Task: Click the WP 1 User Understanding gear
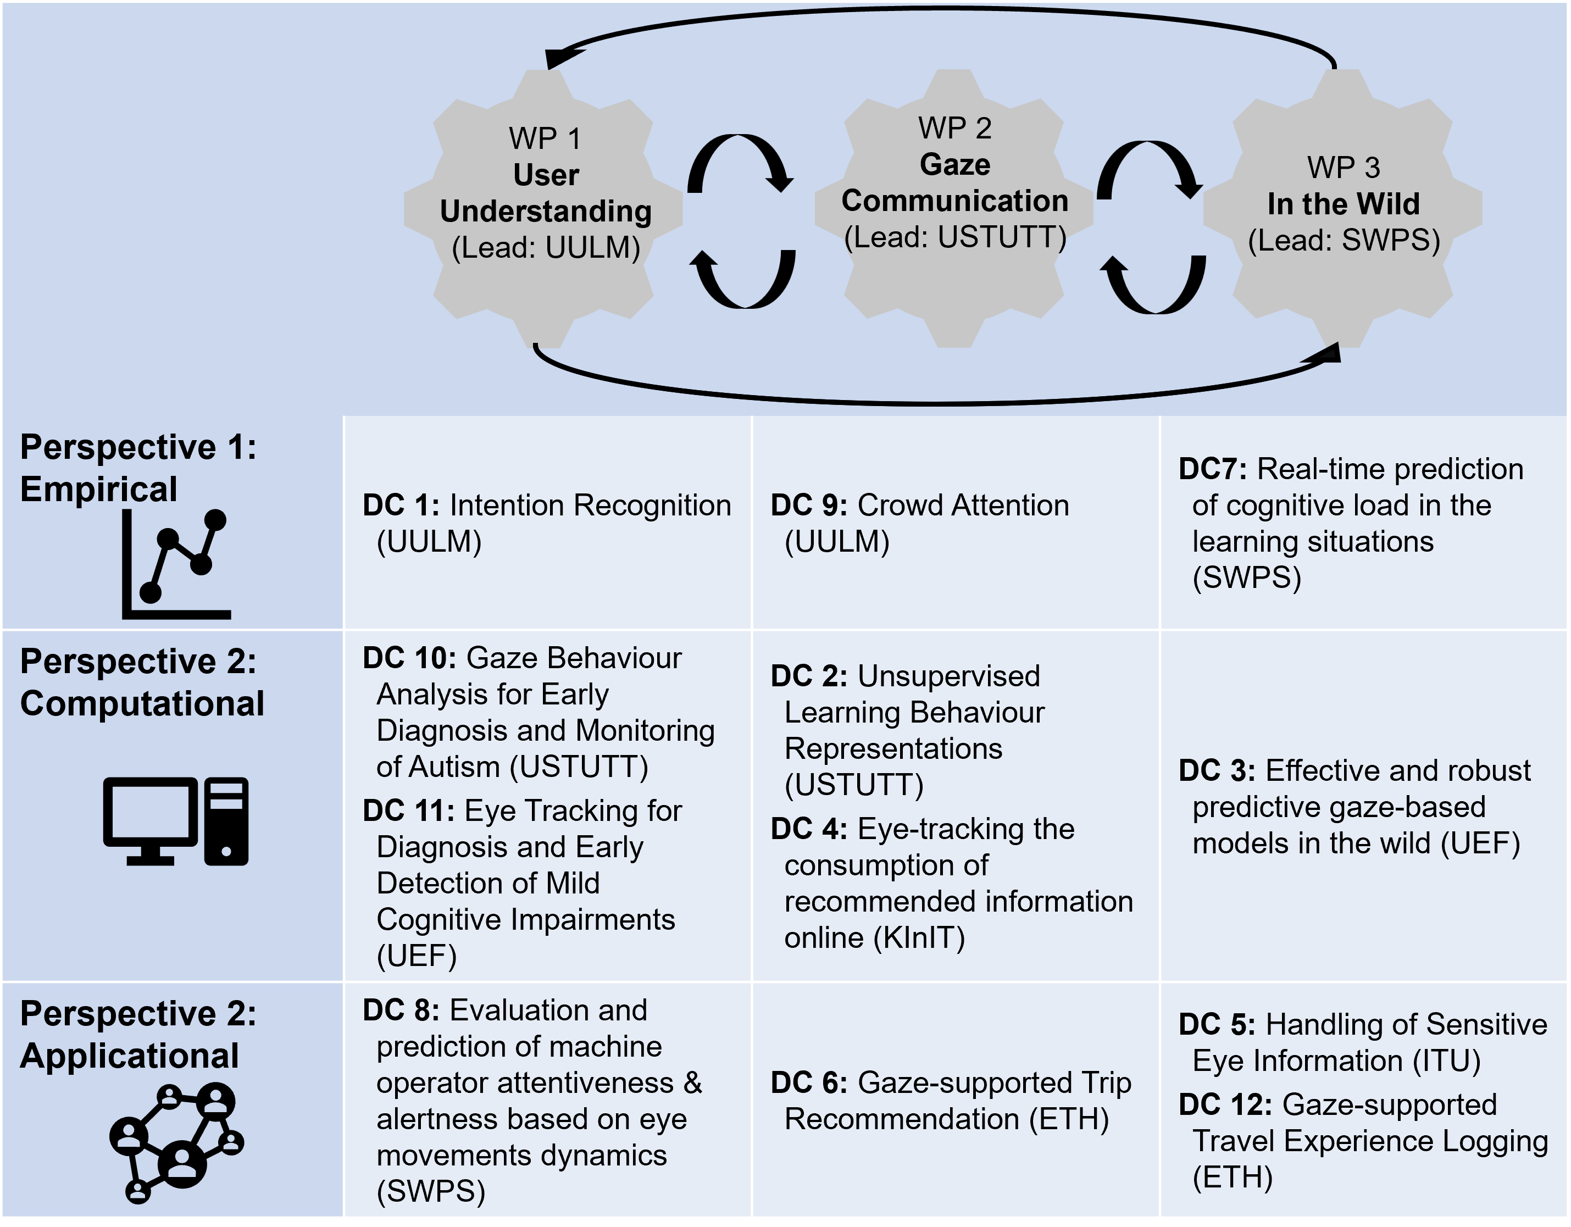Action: point(545,209)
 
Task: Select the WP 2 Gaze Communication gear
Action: point(954,209)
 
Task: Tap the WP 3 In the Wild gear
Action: point(1342,209)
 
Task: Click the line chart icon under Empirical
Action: point(176,564)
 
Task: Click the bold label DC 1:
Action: point(401,506)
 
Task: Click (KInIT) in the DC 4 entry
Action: point(919,938)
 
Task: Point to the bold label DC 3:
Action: point(1217,771)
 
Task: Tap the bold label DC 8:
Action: point(401,1011)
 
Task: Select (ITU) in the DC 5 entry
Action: point(1446,1061)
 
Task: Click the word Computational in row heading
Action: point(142,703)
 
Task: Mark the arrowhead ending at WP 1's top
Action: point(556,58)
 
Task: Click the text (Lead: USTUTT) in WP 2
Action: point(954,237)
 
